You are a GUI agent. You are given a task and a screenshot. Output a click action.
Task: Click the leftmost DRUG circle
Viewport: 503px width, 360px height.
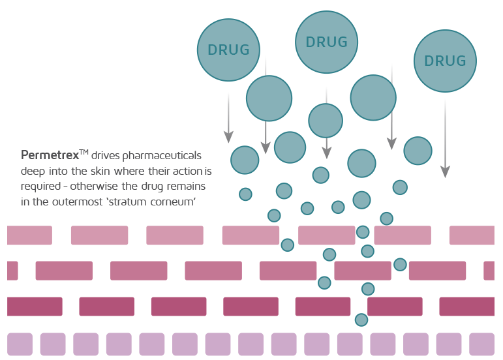(x=228, y=50)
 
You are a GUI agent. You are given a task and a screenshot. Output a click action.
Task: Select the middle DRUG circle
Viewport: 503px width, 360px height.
(x=327, y=42)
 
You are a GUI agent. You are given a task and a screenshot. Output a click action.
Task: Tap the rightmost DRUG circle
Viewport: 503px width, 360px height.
(x=445, y=61)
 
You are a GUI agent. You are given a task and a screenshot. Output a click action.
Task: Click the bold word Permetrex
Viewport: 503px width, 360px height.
(x=50, y=155)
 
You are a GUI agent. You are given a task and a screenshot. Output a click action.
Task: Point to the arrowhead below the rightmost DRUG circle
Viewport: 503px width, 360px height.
(x=445, y=172)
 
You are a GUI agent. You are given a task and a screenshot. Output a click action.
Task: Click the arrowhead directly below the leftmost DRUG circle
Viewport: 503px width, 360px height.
(x=228, y=137)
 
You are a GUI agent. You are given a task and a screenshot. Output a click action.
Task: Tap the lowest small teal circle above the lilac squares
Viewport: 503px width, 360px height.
(x=361, y=320)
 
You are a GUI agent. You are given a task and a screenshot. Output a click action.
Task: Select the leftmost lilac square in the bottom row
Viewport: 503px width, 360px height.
(x=20, y=344)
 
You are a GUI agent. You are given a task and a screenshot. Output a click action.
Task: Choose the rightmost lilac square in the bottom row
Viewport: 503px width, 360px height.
(x=482, y=344)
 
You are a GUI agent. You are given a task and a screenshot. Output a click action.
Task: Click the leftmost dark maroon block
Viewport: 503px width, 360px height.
(x=35, y=307)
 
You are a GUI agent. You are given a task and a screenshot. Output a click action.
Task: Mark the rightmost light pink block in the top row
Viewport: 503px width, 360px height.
(x=472, y=235)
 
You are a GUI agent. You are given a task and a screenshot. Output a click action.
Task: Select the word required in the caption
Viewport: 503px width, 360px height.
(x=40, y=187)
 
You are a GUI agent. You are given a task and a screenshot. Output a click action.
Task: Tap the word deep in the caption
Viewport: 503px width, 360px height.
(x=33, y=172)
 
